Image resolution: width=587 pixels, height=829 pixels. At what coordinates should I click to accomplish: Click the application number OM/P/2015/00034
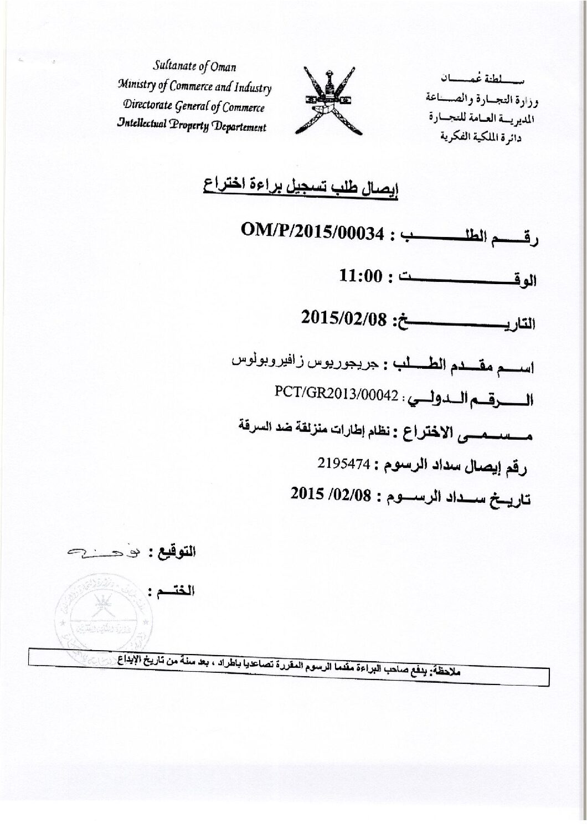[x=313, y=231]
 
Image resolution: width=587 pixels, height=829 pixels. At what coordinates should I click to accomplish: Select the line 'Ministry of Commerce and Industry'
[x=194, y=87]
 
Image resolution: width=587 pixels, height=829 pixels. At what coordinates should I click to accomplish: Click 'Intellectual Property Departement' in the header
[x=192, y=126]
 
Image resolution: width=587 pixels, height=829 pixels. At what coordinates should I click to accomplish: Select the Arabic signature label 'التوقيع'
[x=174, y=552]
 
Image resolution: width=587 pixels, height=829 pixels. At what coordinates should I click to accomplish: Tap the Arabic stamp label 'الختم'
[x=176, y=589]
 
